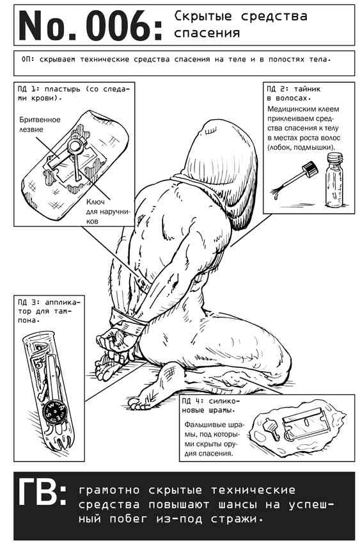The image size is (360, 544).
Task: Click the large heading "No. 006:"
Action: pyautogui.click(x=90, y=26)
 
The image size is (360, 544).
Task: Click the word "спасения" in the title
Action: pyautogui.click(x=207, y=33)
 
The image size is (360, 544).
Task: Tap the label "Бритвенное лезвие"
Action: pyautogui.click(x=40, y=125)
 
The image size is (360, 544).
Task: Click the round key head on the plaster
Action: pyautogui.click(x=75, y=146)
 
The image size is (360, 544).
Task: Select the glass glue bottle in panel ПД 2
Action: pyautogui.click(x=335, y=180)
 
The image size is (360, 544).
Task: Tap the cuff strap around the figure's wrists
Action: pyautogui.click(x=127, y=317)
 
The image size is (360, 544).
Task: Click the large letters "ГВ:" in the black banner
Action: pyautogui.click(x=42, y=492)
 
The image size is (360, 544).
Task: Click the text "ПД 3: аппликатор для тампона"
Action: pyautogui.click(x=49, y=311)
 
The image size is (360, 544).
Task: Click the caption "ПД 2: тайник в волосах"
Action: pyautogui.click(x=293, y=93)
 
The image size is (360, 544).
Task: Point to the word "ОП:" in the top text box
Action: pyautogui.click(x=27, y=60)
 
